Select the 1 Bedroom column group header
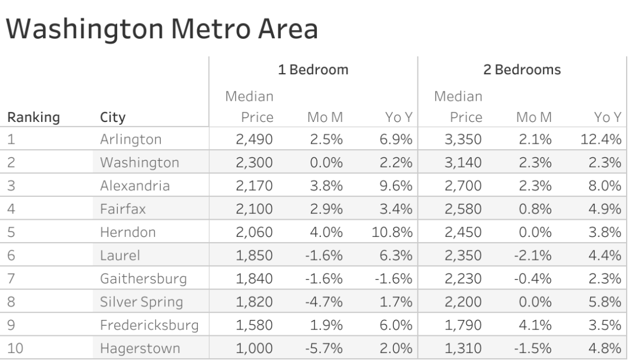tap(313, 70)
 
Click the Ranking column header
tap(33, 118)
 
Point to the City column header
tap(113, 118)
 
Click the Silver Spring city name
tap(141, 302)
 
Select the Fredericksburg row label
tap(149, 325)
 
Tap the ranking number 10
tap(15, 348)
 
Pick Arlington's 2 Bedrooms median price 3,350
tap(463, 140)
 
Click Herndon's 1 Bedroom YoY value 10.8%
tap(392, 233)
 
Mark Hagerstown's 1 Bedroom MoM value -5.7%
tap(323, 348)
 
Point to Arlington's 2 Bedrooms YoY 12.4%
tap(600, 140)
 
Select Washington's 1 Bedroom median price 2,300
tap(254, 163)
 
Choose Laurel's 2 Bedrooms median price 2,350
tap(463, 256)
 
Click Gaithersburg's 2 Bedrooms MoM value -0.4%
tap(532, 279)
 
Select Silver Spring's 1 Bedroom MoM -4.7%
tap(323, 302)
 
